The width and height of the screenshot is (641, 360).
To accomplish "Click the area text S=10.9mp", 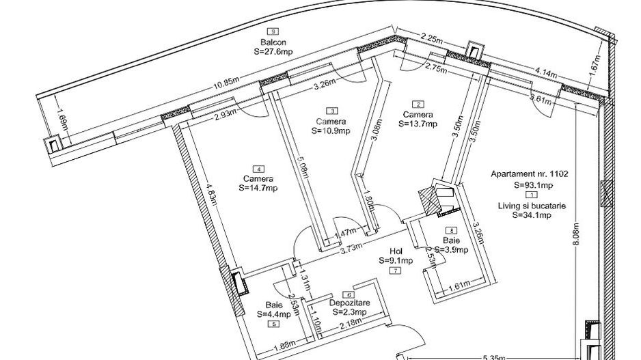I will pyautogui.click(x=331, y=130).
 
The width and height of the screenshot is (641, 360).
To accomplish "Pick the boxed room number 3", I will pyautogui.click(x=331, y=111).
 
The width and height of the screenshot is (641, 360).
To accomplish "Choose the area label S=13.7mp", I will pyautogui.click(x=418, y=124).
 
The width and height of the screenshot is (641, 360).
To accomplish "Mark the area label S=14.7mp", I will pyautogui.click(x=258, y=188).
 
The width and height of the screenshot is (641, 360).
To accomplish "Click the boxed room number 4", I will pyautogui.click(x=258, y=168).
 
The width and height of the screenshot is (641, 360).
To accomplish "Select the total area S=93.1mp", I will pyautogui.click(x=533, y=185).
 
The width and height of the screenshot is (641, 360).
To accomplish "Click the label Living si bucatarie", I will pyautogui.click(x=532, y=205).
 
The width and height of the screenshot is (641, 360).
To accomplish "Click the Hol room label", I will pyautogui.click(x=396, y=251).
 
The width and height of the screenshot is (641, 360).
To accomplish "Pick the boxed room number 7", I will pyautogui.click(x=396, y=271).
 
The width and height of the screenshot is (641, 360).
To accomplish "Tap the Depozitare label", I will pyautogui.click(x=349, y=302).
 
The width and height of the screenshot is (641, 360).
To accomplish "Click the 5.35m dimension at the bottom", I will pyautogui.click(x=494, y=356).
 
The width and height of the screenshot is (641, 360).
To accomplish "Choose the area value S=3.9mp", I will pyautogui.click(x=451, y=250).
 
